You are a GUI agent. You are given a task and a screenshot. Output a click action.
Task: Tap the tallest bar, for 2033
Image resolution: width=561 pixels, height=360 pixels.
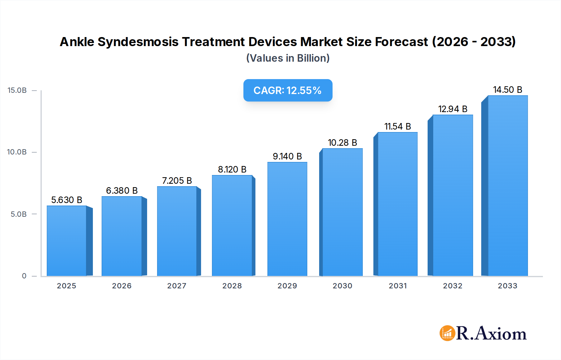(x=508, y=186)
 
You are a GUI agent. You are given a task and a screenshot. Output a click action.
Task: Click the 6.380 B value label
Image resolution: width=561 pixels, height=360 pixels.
(x=122, y=191)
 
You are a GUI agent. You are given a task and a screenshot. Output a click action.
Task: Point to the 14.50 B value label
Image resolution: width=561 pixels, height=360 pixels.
(x=507, y=90)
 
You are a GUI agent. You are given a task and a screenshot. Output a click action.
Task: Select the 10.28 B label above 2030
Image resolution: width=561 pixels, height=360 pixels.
(x=342, y=143)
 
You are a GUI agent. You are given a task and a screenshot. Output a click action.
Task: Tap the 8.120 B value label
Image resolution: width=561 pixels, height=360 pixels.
(x=232, y=169)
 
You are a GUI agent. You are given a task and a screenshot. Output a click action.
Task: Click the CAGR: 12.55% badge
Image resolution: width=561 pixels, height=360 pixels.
(x=288, y=90)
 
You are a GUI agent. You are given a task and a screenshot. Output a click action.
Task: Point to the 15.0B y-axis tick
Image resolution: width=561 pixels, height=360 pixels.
(x=17, y=90)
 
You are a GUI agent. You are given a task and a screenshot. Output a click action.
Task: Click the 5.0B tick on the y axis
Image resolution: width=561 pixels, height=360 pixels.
(x=19, y=214)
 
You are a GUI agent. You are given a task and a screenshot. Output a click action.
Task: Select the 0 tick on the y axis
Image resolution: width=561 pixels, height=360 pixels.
(x=24, y=276)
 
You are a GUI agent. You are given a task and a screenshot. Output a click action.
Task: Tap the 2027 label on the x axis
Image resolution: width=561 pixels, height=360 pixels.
(x=177, y=286)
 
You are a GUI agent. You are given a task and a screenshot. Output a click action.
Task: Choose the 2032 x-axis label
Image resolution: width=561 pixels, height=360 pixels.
(x=453, y=286)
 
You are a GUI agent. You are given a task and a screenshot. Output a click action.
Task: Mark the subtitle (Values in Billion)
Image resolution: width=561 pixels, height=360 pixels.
(x=288, y=58)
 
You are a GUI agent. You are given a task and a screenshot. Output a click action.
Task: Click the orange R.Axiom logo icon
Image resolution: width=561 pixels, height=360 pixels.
(x=447, y=333)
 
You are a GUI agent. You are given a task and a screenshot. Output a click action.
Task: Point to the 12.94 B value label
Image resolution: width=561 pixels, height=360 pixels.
(x=453, y=109)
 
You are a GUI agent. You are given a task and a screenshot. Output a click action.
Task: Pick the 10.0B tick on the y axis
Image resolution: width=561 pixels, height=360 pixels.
(x=17, y=152)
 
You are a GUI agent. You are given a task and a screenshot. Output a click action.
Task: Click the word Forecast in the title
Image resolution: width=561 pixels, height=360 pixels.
(x=401, y=42)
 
